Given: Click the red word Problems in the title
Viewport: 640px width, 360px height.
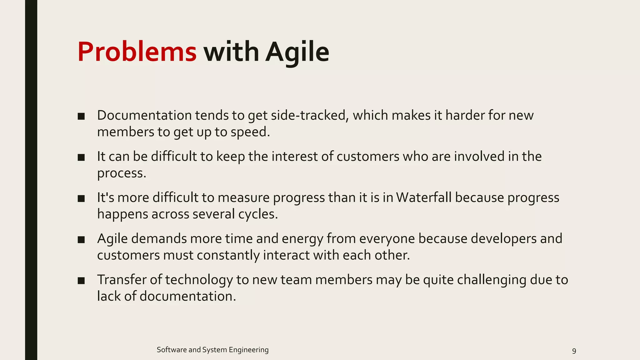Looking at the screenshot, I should (x=137, y=52).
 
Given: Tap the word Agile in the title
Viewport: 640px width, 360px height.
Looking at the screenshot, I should (x=297, y=52).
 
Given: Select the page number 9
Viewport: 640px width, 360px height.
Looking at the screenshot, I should (x=574, y=351).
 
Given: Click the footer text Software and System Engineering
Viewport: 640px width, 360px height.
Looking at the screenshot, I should (x=212, y=350).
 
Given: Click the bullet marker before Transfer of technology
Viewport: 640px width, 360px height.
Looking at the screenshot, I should (x=81, y=281).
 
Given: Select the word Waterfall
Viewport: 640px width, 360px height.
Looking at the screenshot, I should (x=423, y=197).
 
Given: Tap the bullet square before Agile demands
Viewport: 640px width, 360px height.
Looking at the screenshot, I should (x=81, y=240).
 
